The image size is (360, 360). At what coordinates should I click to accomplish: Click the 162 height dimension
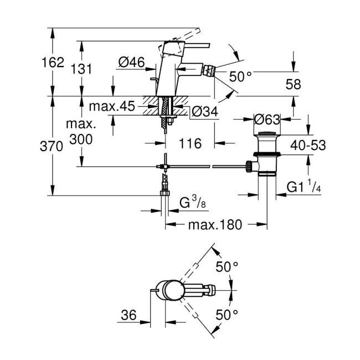point(53,63)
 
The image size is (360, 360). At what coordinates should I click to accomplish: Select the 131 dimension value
point(82,69)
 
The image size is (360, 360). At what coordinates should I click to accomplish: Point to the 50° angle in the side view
point(240,77)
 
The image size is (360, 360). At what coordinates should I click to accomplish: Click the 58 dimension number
point(294,85)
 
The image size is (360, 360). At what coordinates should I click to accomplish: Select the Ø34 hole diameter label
point(203,112)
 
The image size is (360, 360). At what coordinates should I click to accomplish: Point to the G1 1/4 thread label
point(304,187)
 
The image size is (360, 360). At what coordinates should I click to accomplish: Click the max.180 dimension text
point(215,225)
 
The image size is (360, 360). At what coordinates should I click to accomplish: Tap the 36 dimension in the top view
point(128,315)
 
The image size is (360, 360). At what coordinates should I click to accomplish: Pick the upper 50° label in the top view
point(227,267)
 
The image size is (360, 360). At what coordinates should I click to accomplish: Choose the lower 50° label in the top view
point(227,314)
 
